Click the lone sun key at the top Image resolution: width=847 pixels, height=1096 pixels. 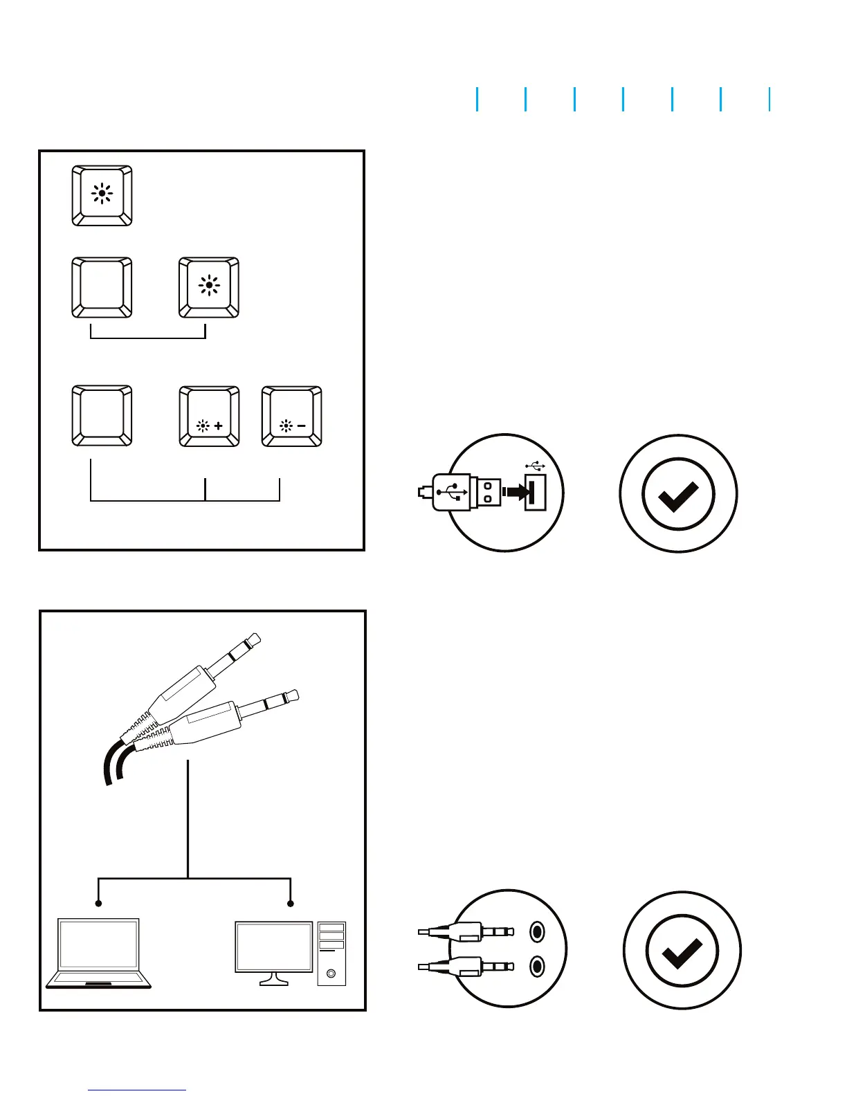102,195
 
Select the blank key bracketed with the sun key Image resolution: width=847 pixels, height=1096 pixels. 102,287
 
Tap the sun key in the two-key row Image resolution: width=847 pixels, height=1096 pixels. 209,287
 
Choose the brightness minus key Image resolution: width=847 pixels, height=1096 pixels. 291,416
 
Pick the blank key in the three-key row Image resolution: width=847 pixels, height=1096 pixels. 102,416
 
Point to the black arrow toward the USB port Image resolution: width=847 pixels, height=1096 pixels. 514,492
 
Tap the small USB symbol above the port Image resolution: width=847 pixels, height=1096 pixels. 535,466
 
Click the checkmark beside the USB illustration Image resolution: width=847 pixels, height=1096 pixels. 678,493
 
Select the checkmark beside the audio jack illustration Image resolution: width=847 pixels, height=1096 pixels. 682,950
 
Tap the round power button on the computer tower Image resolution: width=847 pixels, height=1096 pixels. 331,974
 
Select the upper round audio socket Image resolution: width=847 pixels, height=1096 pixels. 537,932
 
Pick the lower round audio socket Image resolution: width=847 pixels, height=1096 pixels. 537,965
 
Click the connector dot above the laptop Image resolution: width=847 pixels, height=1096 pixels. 99,904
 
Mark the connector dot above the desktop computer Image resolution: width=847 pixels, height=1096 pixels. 291,904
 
